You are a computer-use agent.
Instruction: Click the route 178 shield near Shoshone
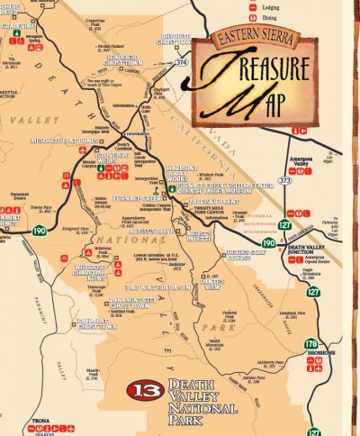tap(311, 344)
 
